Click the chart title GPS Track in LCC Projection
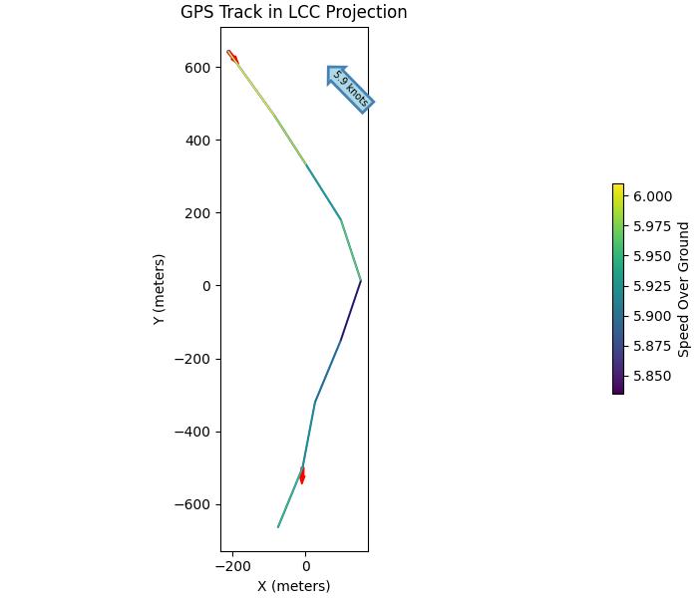point(293,13)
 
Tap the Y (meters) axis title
point(160,289)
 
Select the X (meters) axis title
point(293,586)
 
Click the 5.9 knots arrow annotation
point(350,89)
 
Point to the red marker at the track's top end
point(232,57)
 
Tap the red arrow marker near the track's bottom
point(302,475)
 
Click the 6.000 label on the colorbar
point(652,196)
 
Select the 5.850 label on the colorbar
point(652,376)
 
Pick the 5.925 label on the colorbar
point(652,286)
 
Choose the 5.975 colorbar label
point(652,226)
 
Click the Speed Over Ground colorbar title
point(684,289)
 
